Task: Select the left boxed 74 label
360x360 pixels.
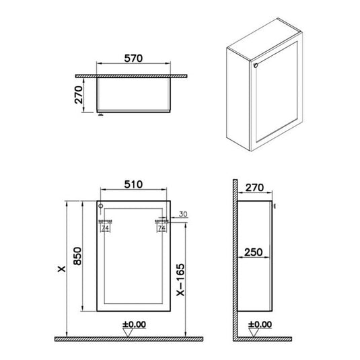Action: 104,229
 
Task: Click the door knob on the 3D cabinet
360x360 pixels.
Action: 256,65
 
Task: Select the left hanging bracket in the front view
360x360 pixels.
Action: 104,220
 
